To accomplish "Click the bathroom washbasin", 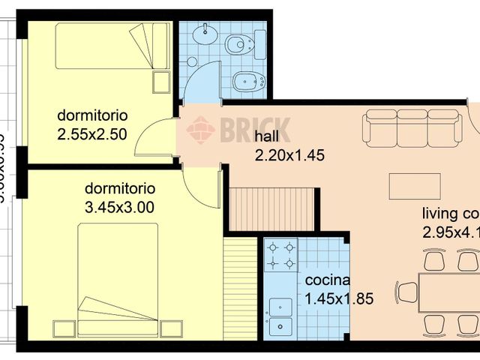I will click(x=202, y=35).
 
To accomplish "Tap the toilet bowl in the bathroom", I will click(x=238, y=44).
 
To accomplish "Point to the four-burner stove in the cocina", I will click(x=280, y=255).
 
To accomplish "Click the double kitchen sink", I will click(x=280, y=316).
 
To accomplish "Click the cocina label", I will click(x=328, y=280).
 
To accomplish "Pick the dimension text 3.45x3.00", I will click(x=120, y=207).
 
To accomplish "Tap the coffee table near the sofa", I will click(x=414, y=184).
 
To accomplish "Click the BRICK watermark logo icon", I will click(x=200, y=130).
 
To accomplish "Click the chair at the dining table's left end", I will click(x=406, y=292).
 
